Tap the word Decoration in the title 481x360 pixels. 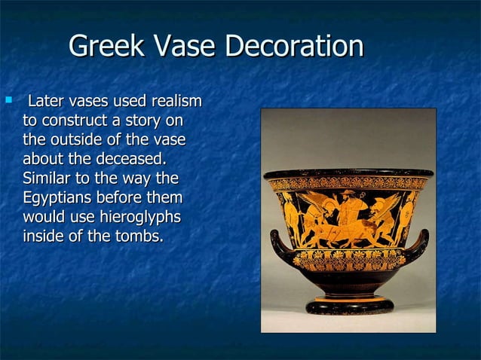(296, 48)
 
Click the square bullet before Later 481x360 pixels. (8, 99)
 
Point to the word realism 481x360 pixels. (176, 101)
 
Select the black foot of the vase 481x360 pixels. (348, 305)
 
